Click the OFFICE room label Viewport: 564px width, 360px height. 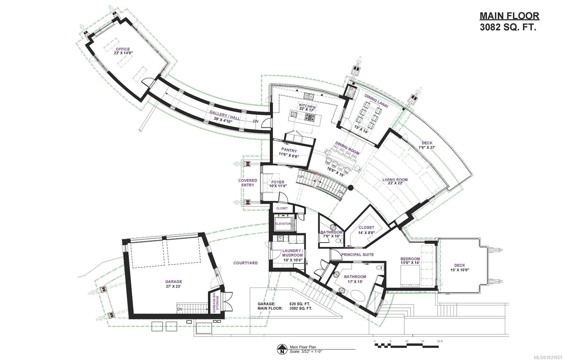pyautogui.click(x=123, y=49)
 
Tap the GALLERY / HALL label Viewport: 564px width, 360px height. pyautogui.click(x=225, y=115)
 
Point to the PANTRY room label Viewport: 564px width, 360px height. pyautogui.click(x=289, y=150)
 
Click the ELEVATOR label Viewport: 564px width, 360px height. pyautogui.click(x=283, y=224)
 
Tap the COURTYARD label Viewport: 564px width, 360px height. pyautogui.click(x=245, y=263)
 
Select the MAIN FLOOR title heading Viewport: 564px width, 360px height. pyautogui.click(x=509, y=16)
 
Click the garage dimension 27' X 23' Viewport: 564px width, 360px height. pyautogui.click(x=173, y=286)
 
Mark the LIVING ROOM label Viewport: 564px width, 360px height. pyautogui.click(x=395, y=179)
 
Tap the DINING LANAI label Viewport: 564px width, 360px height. pyautogui.click(x=376, y=101)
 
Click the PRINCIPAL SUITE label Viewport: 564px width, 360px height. pyautogui.click(x=357, y=255)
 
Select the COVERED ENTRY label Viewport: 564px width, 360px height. pyautogui.click(x=248, y=183)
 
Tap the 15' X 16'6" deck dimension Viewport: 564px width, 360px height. pyautogui.click(x=460, y=270)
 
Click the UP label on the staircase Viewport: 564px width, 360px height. pyautogui.click(x=301, y=177)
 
